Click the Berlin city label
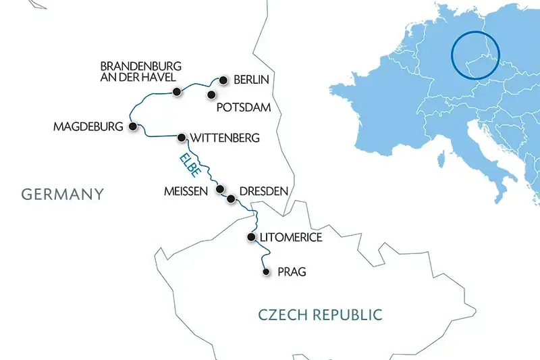pyautogui.click(x=251, y=80)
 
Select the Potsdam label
pyautogui.click(x=244, y=107)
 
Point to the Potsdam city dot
pyautogui.click(x=211, y=95)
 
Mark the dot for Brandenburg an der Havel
pyautogui.click(x=176, y=91)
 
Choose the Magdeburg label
pyautogui.click(x=89, y=126)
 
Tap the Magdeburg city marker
pyautogui.click(x=133, y=126)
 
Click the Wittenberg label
pyautogui.click(x=225, y=138)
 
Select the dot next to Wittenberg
pyautogui.click(x=181, y=138)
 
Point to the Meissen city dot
pyautogui.click(x=219, y=190)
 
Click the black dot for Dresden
pyautogui.click(x=232, y=199)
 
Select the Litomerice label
pyautogui.click(x=290, y=238)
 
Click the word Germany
pyautogui.click(x=63, y=195)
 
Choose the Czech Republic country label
pyautogui.click(x=320, y=314)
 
